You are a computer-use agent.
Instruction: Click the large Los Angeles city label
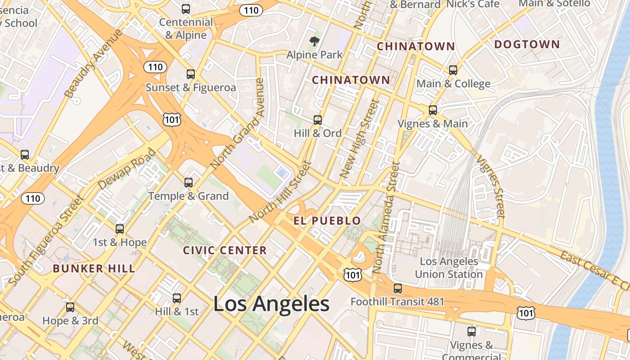point(271,304)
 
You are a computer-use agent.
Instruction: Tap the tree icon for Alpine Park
point(315,42)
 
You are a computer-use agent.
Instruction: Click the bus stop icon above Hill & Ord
point(318,120)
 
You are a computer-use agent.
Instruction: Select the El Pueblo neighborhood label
point(327,220)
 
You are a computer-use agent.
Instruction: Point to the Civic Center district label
point(225,251)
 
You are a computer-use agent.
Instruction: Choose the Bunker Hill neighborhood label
point(94,269)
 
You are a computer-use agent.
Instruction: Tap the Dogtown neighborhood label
point(527,45)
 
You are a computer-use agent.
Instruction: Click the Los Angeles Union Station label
point(449,268)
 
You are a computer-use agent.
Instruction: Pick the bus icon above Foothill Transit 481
point(397,288)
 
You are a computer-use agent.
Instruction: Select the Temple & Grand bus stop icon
point(189,182)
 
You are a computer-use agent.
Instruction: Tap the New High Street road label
point(358,139)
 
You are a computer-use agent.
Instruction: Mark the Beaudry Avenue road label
point(93,63)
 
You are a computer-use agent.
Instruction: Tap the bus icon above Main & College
point(453,70)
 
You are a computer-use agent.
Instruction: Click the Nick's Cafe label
point(472,4)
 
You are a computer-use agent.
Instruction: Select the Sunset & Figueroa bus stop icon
point(191,74)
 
